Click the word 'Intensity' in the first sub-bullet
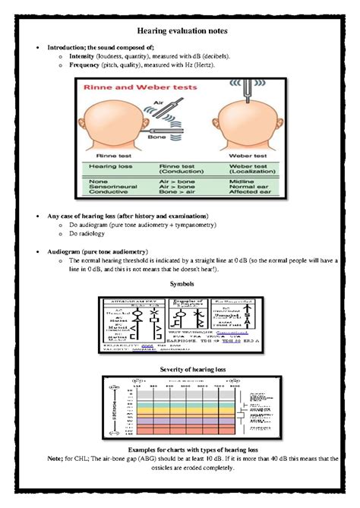click(84, 56)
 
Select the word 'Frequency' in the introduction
click(85, 65)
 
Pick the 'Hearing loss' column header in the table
click(108, 166)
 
